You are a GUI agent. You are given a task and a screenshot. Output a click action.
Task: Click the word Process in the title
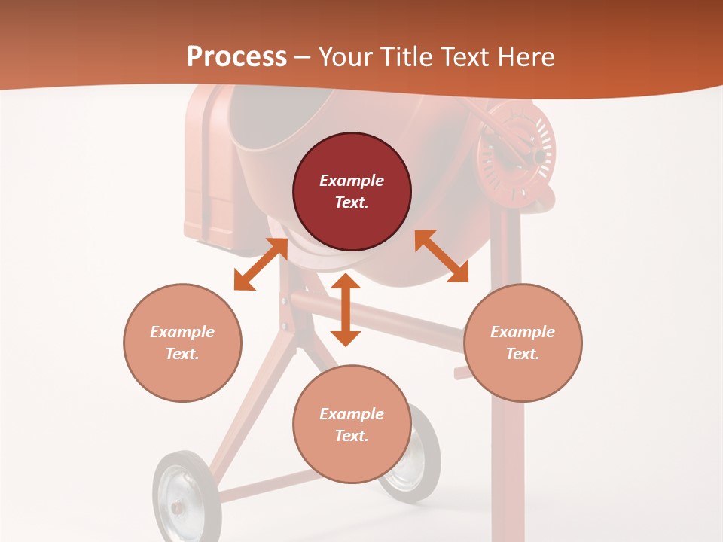click(x=236, y=57)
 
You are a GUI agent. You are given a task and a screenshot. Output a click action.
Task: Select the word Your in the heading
click(x=346, y=57)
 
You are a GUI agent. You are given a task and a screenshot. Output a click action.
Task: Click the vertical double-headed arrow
click(x=346, y=309)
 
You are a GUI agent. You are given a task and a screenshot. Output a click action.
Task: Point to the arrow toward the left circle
click(x=261, y=263)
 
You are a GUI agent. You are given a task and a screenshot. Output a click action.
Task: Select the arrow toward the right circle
click(x=441, y=256)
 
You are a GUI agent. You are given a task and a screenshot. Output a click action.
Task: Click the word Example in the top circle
click(x=352, y=181)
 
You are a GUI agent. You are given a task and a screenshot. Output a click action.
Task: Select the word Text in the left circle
click(x=182, y=354)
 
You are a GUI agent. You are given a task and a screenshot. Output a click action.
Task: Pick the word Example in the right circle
click(x=523, y=332)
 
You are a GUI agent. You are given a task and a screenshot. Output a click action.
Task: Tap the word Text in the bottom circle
click(x=352, y=436)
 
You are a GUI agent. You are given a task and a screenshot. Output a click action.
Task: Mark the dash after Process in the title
click(x=303, y=58)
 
